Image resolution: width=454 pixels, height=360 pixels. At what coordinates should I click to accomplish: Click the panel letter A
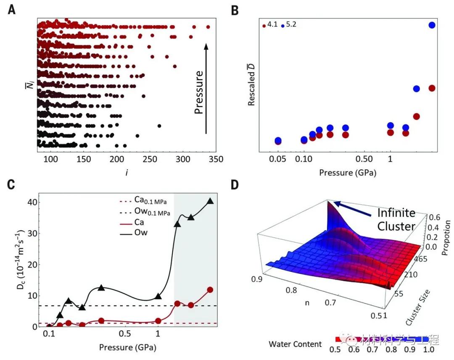click(13, 10)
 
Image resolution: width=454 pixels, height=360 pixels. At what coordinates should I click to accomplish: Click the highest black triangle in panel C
click(210, 201)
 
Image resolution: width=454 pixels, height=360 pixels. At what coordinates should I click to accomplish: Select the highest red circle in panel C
click(210, 290)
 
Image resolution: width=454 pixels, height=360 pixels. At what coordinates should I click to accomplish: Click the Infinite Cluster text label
click(396, 219)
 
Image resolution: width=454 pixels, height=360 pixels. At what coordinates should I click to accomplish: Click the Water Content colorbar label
click(296, 344)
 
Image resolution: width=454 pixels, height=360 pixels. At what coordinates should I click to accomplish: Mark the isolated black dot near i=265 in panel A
click(159, 126)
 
